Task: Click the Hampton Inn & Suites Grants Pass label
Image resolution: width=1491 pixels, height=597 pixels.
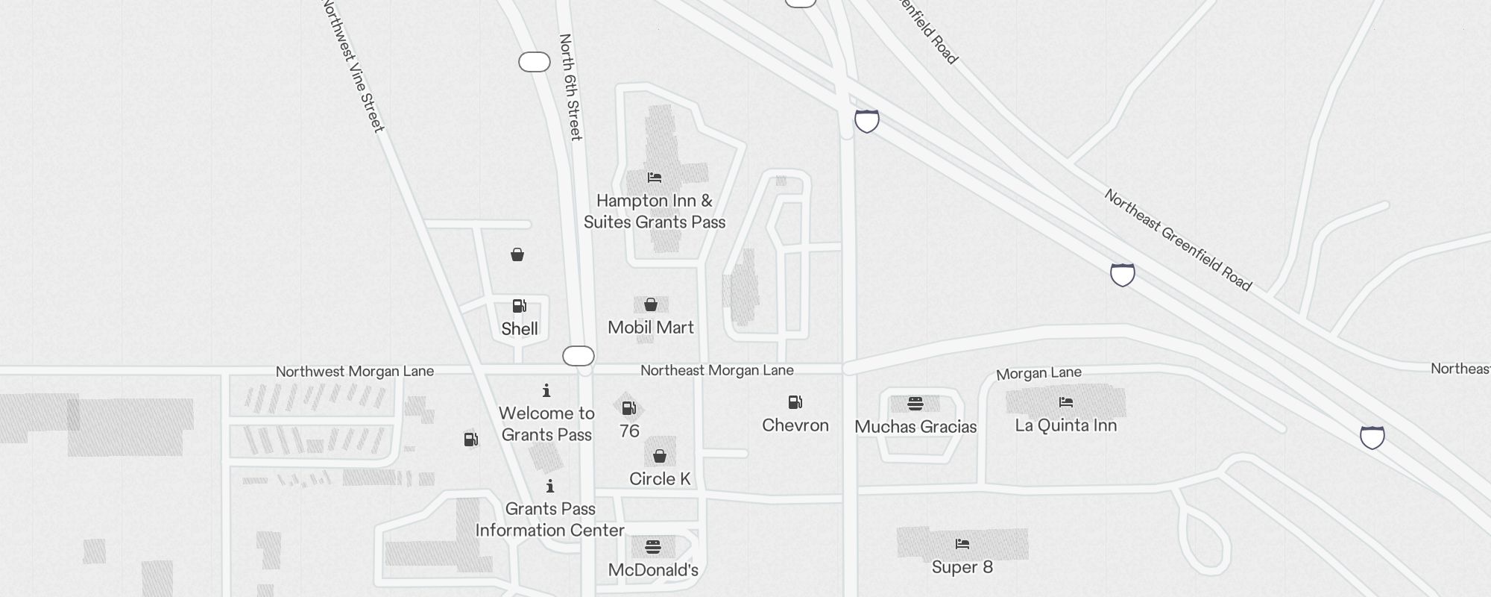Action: click(655, 211)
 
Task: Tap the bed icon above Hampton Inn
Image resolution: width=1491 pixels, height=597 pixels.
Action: click(655, 178)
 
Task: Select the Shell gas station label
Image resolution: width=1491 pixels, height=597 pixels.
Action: click(520, 329)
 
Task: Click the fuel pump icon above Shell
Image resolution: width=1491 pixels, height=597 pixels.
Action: click(520, 306)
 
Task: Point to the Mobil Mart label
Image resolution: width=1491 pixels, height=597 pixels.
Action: click(651, 328)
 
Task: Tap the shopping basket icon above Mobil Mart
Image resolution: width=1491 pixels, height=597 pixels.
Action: click(651, 304)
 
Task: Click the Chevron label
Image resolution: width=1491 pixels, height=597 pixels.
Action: click(795, 425)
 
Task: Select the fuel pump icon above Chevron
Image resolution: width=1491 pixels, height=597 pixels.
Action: click(795, 403)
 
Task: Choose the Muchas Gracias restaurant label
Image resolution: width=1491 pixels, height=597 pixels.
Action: click(915, 427)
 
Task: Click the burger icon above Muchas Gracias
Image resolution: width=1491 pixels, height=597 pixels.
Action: click(915, 404)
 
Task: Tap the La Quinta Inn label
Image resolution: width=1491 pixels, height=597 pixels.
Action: click(1066, 425)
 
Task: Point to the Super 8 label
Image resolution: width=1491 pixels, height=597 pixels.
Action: click(962, 567)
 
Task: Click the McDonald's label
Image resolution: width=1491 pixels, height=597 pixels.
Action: click(653, 570)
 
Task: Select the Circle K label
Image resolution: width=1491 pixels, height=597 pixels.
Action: click(660, 479)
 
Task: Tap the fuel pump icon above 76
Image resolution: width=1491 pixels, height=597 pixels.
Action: click(629, 408)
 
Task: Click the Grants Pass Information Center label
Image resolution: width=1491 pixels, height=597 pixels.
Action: click(550, 519)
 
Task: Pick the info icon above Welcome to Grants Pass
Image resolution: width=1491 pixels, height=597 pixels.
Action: click(546, 390)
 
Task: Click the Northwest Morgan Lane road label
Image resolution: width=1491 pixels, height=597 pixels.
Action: click(355, 372)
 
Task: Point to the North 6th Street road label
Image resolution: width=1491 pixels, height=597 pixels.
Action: click(570, 87)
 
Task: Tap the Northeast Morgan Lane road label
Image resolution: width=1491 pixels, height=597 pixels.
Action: click(717, 370)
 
